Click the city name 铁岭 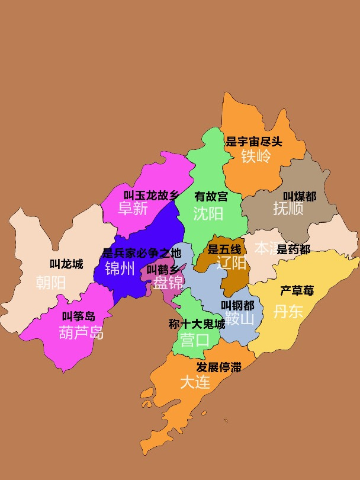click(256, 156)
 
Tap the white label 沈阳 click(208, 213)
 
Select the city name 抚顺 click(288, 209)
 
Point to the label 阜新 click(133, 209)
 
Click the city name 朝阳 click(51, 283)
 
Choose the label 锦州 click(120, 268)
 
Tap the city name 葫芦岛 click(82, 332)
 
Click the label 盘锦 click(168, 283)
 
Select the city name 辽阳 click(231, 263)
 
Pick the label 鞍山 click(239, 319)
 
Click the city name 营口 click(195, 340)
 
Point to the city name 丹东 click(288, 311)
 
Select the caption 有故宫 click(211, 196)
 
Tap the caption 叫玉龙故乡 click(151, 195)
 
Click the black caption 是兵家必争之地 click(142, 253)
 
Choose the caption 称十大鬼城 click(197, 324)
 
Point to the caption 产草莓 click(297, 290)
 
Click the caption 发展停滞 click(218, 367)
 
